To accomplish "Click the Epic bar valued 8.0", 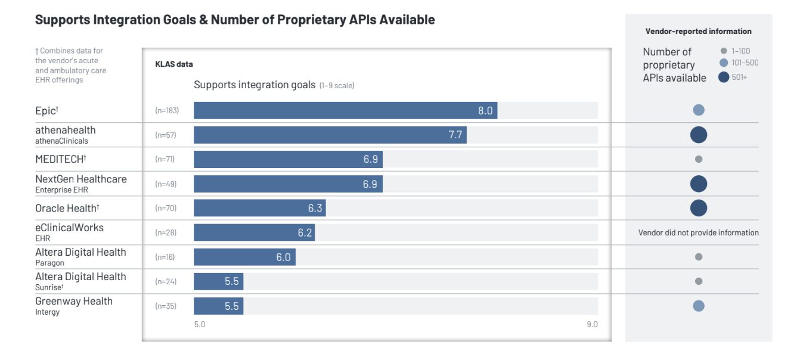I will coord(345,110).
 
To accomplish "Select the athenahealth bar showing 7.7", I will coord(330,135).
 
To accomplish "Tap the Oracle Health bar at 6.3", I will coord(259,208).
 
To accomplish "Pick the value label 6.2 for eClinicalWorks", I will coord(305,232).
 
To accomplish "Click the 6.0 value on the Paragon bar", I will coord(283,257).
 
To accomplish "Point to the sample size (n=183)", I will coord(167,111).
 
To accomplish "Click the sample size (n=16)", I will coord(166,257).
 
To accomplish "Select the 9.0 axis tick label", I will coord(591,324).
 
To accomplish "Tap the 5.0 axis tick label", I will coord(200,324).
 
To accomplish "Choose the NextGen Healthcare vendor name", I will coord(80,179).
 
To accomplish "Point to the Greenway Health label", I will coord(73,301).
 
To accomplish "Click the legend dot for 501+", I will coord(724,77).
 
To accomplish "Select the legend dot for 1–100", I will coord(724,51).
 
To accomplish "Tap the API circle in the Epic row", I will coord(699,110).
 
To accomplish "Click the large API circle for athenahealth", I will coord(699,135).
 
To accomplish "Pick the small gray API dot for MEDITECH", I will coord(699,159).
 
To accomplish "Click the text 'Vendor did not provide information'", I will coord(699,232).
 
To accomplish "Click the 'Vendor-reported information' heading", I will coord(698,32).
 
